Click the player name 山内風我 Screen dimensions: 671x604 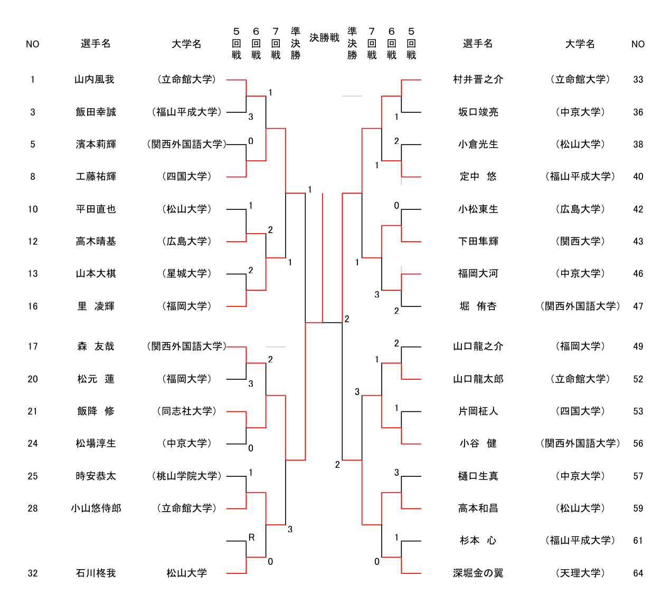coord(94,80)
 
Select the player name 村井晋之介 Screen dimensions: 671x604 coord(478,80)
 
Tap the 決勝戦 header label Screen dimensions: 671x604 coord(324,38)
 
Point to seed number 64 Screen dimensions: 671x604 coord(638,573)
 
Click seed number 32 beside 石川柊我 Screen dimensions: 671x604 coord(32,573)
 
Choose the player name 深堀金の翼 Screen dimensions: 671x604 coord(478,573)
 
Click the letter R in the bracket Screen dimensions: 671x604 coord(251,537)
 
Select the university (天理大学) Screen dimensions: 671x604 coord(580,573)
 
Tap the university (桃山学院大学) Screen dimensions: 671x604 coord(187,476)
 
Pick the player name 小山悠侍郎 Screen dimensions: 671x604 coord(96,509)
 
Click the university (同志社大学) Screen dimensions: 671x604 coord(187,411)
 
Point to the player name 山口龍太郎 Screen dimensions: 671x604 coord(478,379)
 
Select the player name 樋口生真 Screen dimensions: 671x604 coord(478,476)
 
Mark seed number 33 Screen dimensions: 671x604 coord(638,80)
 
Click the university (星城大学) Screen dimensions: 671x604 coord(187,273)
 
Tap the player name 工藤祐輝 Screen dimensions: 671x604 coord(96,177)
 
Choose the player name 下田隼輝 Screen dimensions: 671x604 coord(478,241)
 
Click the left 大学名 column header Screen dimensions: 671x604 coord(186,44)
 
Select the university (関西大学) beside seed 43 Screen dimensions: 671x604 coord(580,241)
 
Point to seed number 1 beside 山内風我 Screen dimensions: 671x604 coord(32,80)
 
